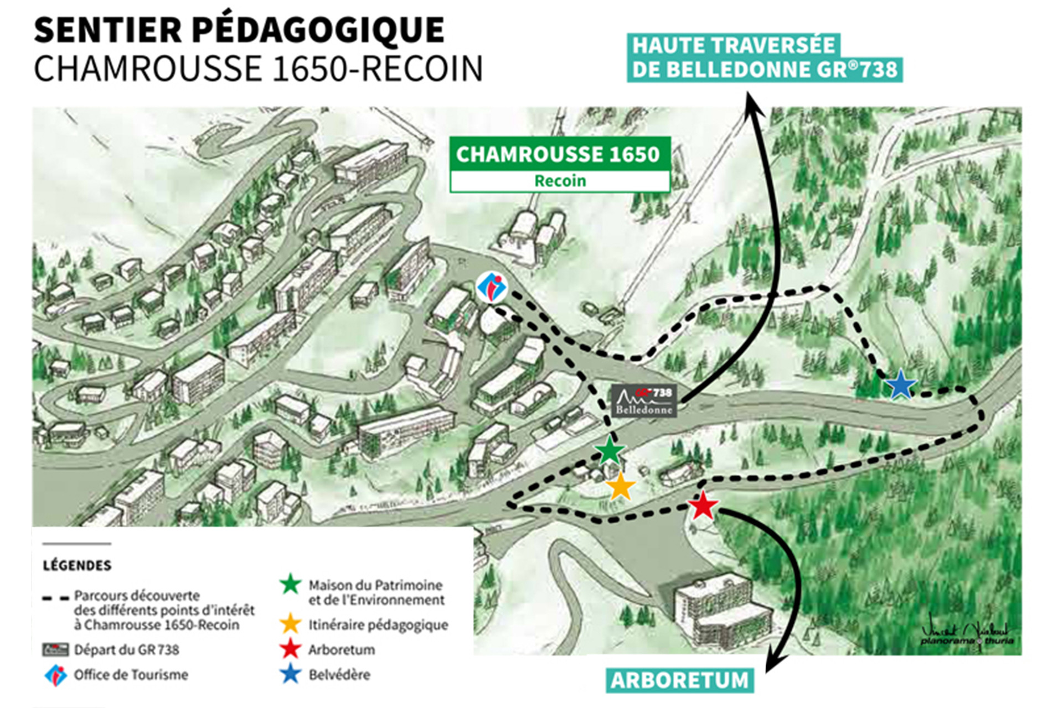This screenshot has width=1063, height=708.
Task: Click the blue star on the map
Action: [x=900, y=386]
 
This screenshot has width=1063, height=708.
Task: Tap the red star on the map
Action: [x=703, y=506]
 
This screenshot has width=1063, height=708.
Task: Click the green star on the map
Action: [x=610, y=451]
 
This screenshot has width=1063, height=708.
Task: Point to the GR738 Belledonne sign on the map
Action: [x=644, y=400]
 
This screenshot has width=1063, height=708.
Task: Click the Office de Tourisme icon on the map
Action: [x=492, y=287]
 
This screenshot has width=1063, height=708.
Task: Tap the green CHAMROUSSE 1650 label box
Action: [x=559, y=154]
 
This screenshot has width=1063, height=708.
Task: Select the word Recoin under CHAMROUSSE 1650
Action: [x=560, y=181]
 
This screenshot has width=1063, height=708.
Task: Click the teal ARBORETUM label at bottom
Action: [x=679, y=680]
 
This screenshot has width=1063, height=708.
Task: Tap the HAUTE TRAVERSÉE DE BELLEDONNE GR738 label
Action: [x=764, y=58]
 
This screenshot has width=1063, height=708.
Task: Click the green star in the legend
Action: [x=290, y=585]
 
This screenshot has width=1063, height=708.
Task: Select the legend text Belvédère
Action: [x=339, y=675]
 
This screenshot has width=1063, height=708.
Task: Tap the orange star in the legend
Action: [x=290, y=624]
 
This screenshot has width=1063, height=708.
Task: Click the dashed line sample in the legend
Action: [x=55, y=598]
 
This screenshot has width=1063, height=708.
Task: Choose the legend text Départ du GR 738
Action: [x=126, y=650]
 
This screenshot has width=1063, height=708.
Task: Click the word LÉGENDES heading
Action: [x=77, y=565]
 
